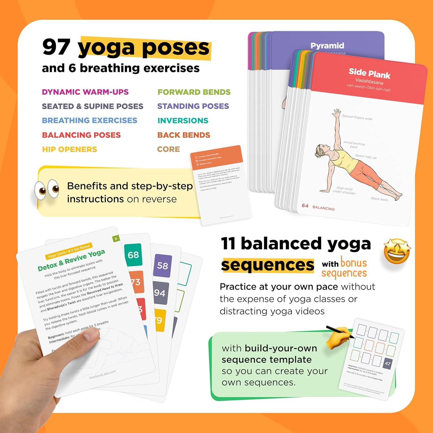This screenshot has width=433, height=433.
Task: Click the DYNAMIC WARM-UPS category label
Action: point(85,92)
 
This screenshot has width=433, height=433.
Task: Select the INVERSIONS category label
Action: point(183,121)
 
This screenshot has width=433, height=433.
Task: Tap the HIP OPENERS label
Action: point(70,150)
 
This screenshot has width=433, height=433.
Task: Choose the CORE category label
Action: point(168,149)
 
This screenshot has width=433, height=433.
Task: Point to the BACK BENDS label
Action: point(184,135)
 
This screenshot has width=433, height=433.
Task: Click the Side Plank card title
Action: point(369,73)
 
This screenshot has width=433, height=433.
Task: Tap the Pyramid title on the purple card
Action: point(327,46)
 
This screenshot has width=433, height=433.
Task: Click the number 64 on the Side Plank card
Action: point(305,206)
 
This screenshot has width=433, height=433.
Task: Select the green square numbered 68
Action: point(133,255)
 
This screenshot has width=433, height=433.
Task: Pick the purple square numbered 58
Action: point(163,266)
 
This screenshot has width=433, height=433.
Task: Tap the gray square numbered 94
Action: point(160,293)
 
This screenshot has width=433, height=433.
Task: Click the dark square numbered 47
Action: point(387,363)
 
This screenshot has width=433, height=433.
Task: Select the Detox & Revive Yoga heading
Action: point(71,261)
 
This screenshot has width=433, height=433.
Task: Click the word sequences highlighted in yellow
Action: point(267,265)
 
